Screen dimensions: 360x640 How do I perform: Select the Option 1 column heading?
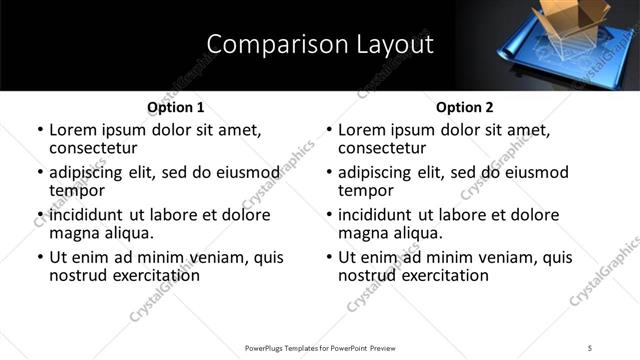(175, 107)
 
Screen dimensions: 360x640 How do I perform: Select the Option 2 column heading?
(464, 107)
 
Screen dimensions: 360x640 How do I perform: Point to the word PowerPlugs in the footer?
(268, 347)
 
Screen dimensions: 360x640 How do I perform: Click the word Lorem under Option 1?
(75, 130)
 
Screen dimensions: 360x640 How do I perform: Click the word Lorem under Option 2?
(364, 130)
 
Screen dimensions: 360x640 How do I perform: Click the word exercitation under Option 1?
(145, 275)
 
